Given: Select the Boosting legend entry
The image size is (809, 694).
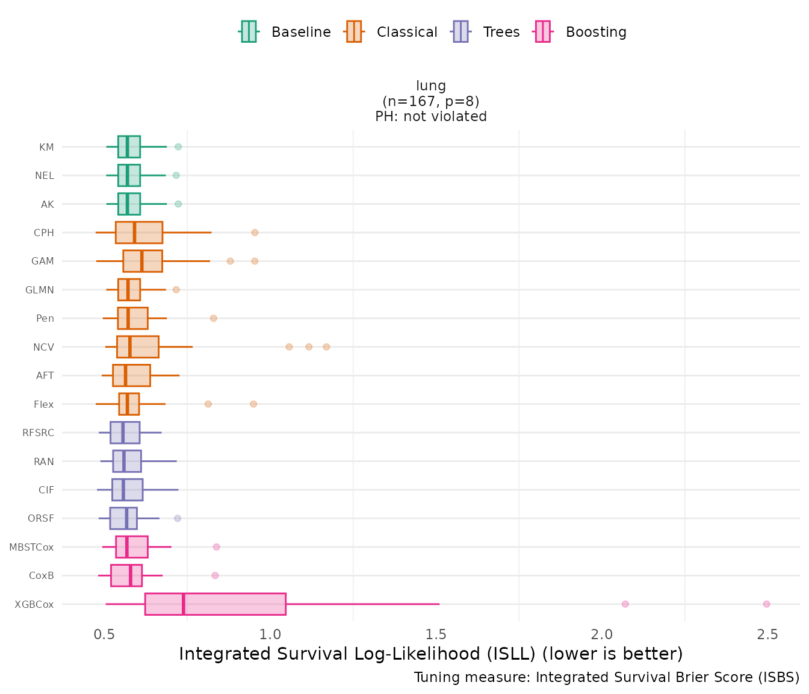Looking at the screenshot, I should (580, 32).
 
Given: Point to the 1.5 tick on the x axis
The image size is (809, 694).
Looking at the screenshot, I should (436, 634).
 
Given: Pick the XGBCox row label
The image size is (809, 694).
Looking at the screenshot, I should (34, 604).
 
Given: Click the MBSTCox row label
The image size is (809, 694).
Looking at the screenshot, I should (31, 547).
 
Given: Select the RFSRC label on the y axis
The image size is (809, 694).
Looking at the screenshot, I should (38, 433).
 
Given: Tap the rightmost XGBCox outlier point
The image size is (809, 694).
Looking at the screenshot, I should (766, 604).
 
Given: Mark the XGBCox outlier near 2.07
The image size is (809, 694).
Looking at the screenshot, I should (625, 604).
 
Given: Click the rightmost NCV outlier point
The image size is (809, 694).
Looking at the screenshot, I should (326, 347).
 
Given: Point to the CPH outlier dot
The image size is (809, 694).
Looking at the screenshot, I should (255, 233).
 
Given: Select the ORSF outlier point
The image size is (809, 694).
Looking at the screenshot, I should (178, 518).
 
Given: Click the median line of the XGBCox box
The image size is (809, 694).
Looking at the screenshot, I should (184, 604).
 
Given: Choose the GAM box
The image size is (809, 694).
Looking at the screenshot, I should (143, 261).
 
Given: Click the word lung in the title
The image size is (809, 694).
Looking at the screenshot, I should (431, 86).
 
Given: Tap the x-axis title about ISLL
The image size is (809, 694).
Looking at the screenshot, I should (431, 654).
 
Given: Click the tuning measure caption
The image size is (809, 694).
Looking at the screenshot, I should (607, 678).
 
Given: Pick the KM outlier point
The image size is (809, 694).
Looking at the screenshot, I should (178, 147).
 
